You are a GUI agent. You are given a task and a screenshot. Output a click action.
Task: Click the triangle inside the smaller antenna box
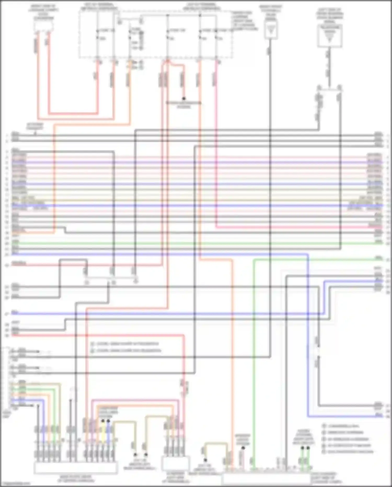(271, 30)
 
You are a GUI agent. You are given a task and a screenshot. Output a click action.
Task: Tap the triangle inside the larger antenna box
(330, 38)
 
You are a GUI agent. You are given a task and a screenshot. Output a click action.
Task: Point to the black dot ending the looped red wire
(184, 99)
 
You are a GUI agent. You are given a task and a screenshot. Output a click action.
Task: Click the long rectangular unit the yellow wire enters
(75, 467)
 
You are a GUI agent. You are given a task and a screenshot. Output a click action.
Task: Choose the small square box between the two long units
(175, 463)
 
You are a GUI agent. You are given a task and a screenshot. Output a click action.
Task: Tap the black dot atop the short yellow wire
(103, 421)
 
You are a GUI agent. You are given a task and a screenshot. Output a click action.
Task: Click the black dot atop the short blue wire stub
(108, 421)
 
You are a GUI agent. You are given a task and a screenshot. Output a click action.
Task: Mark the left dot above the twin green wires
(302, 448)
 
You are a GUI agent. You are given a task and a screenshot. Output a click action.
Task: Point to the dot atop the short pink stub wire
(243, 448)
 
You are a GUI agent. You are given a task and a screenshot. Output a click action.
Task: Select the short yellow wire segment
(103, 432)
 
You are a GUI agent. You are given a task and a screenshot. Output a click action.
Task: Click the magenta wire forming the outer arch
(136, 400)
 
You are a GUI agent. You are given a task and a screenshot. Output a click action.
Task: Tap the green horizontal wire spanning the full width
(196, 243)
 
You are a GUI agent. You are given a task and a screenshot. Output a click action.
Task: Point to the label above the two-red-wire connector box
(43, 12)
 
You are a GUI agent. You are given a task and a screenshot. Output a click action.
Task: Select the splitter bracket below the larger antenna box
(329, 89)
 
